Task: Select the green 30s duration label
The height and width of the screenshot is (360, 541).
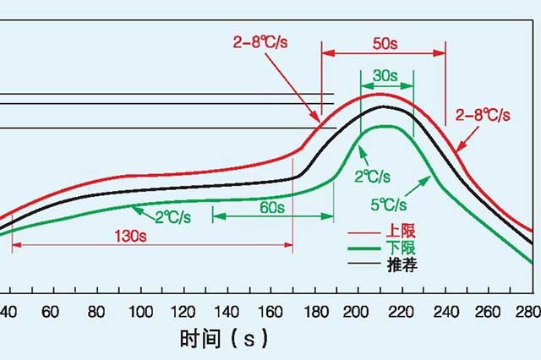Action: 385,75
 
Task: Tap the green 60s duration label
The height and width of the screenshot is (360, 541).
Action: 271,207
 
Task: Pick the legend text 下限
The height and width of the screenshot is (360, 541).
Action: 402,248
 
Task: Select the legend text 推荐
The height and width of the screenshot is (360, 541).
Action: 402,265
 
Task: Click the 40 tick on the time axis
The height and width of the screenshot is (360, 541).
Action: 9,310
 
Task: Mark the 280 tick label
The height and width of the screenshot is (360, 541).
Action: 527,310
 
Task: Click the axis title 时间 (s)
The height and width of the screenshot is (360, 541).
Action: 223,340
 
